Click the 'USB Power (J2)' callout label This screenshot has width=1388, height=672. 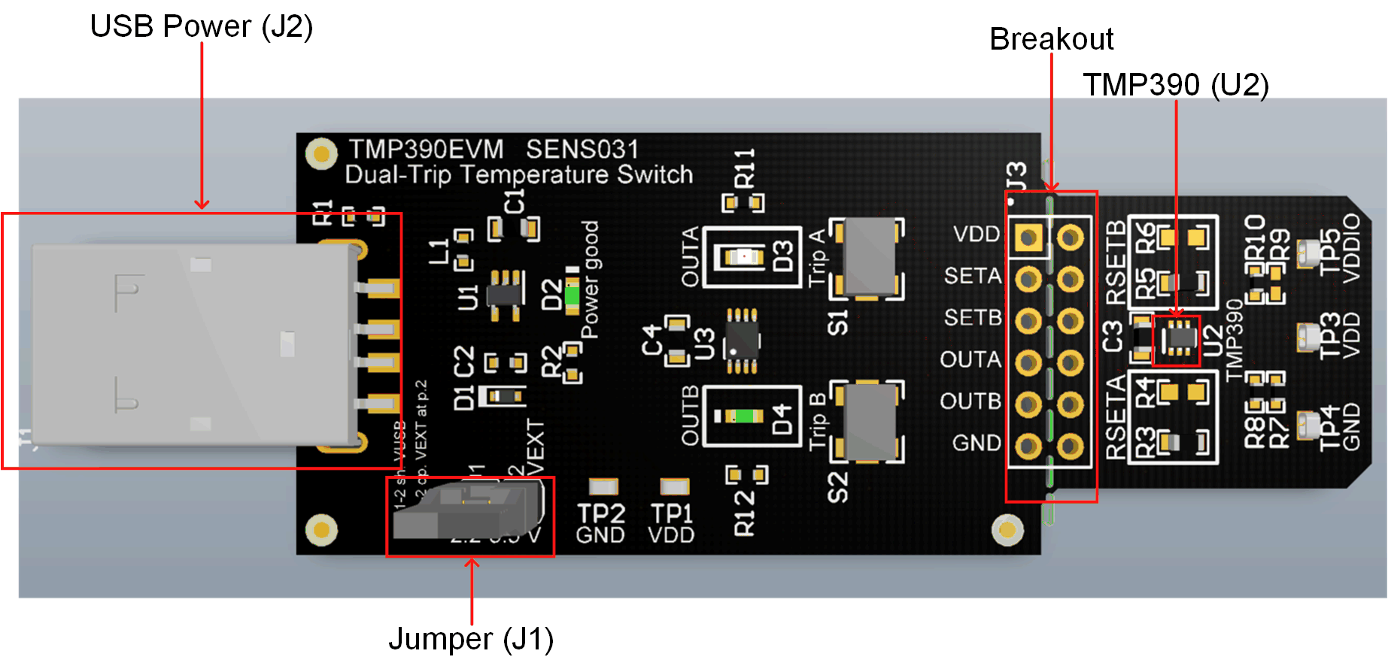click(201, 27)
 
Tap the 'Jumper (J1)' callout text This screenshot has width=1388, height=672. click(471, 639)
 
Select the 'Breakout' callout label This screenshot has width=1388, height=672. click(1051, 39)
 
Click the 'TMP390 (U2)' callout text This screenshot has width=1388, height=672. click(1175, 84)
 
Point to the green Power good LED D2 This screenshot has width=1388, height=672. click(572, 295)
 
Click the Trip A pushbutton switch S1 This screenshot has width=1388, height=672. click(867, 258)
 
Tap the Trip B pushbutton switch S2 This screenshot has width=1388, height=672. click(867, 422)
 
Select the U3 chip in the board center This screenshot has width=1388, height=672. click(742, 341)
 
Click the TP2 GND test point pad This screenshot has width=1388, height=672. click(603, 487)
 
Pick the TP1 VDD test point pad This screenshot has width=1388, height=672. click(674, 487)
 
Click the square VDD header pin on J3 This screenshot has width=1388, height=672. click(1028, 238)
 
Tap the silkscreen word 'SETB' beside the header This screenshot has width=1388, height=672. click(972, 318)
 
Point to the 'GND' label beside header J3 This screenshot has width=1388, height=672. click(976, 443)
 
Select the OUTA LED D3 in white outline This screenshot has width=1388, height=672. click(743, 257)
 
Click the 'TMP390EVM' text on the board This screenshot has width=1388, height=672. click(426, 149)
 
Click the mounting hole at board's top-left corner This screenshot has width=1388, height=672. click(321, 154)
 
